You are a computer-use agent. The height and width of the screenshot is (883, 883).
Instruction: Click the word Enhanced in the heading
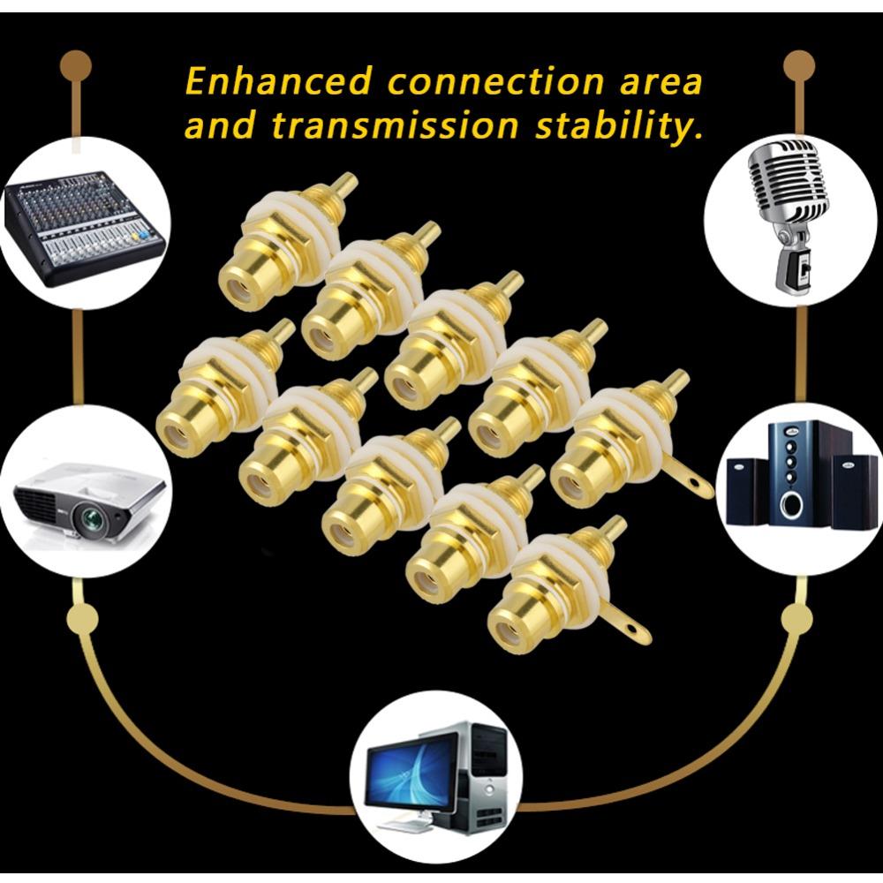pyautogui.click(x=279, y=81)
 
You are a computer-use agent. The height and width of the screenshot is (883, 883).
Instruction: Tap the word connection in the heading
pyautogui.click(x=495, y=81)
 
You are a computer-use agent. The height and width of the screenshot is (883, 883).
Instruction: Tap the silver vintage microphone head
pyautogui.click(x=789, y=183)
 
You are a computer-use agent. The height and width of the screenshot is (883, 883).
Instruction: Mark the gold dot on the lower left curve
pyautogui.click(x=83, y=618)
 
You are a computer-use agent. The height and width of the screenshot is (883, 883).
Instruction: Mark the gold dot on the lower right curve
pyautogui.click(x=797, y=619)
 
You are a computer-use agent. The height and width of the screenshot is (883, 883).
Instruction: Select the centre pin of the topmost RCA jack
pyautogui.click(x=344, y=189)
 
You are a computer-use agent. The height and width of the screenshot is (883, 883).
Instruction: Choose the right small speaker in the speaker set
pyautogui.click(x=847, y=491)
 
